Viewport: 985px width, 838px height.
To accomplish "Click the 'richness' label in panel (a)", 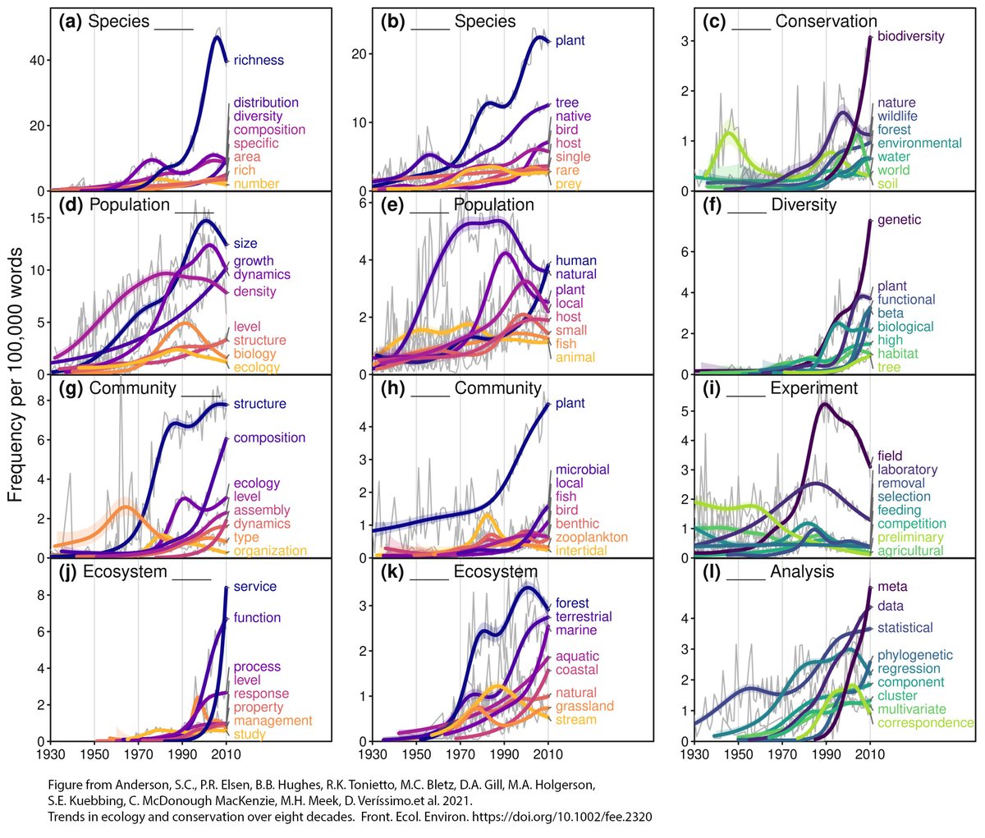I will [259, 60].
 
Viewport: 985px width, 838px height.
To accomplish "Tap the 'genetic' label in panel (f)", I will [899, 220].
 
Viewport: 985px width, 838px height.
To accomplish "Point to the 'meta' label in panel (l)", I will [892, 587].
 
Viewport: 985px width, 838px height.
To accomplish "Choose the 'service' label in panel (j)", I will [254, 587].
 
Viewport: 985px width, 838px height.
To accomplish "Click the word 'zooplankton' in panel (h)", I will [591, 538].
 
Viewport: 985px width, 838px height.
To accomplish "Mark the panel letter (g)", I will [71, 387].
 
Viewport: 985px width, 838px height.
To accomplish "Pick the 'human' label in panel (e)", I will [575, 261].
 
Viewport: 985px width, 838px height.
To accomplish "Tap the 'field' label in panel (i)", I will [890, 456].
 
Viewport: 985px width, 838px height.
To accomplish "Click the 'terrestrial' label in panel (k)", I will [584, 616].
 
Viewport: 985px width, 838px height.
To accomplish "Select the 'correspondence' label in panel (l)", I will [925, 723].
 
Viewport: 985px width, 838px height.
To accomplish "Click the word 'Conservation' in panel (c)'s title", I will [826, 21].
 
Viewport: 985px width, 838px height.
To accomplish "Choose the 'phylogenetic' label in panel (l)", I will [914, 655].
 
